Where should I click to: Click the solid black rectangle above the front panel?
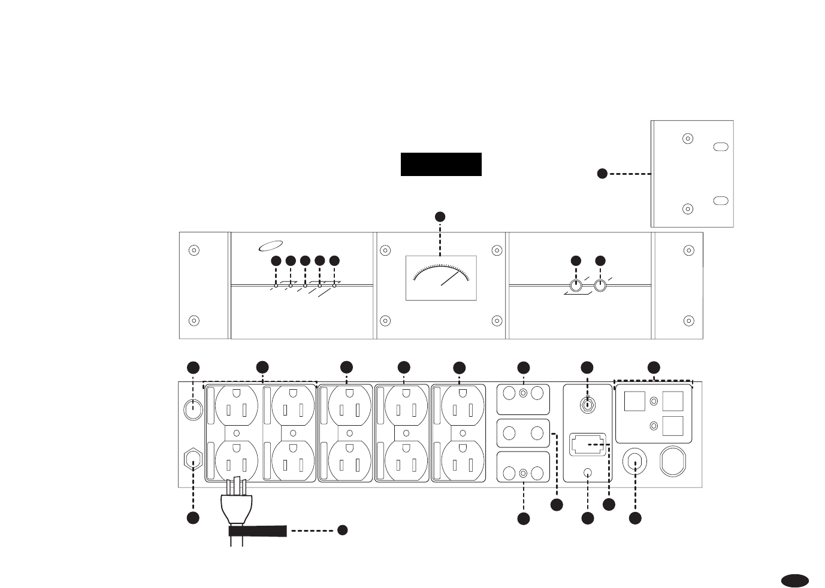(x=441, y=164)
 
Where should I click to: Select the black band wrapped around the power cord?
(x=258, y=531)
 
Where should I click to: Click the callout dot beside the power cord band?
(x=342, y=530)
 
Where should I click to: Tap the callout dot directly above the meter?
(x=440, y=216)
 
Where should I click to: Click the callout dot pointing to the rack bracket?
(x=602, y=174)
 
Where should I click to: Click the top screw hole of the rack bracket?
(x=688, y=139)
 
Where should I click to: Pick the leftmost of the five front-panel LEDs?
(x=276, y=286)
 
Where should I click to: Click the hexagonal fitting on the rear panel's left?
(x=193, y=460)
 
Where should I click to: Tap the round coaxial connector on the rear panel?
(x=587, y=405)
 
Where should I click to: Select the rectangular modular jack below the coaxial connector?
(x=588, y=444)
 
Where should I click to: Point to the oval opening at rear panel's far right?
(x=673, y=462)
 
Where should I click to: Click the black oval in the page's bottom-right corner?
(x=795, y=580)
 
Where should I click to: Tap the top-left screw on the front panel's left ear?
(x=194, y=250)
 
